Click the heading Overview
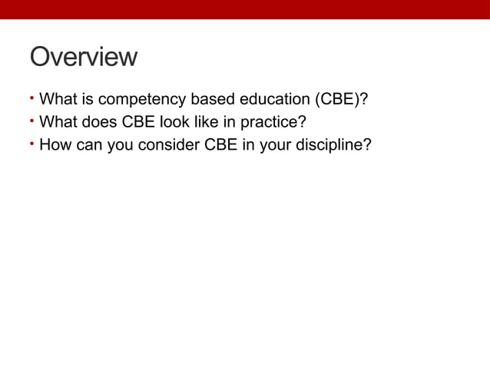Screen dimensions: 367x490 coord(83,58)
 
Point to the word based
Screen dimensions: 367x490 coord(207,100)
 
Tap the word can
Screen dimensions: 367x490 coord(88,144)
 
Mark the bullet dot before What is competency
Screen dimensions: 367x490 coord(32,99)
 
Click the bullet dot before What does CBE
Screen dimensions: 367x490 coord(32,121)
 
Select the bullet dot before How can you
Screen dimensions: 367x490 coord(32,142)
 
